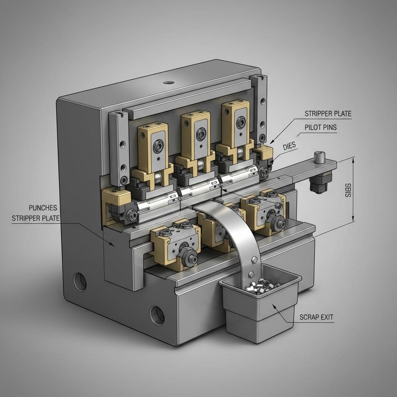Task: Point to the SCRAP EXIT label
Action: click(x=316, y=317)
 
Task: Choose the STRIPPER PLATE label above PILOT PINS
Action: click(x=328, y=114)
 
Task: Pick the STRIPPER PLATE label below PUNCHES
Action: click(x=36, y=218)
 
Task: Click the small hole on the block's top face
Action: click(x=169, y=82)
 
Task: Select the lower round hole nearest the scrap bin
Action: click(x=157, y=314)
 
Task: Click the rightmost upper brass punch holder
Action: click(x=236, y=124)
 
